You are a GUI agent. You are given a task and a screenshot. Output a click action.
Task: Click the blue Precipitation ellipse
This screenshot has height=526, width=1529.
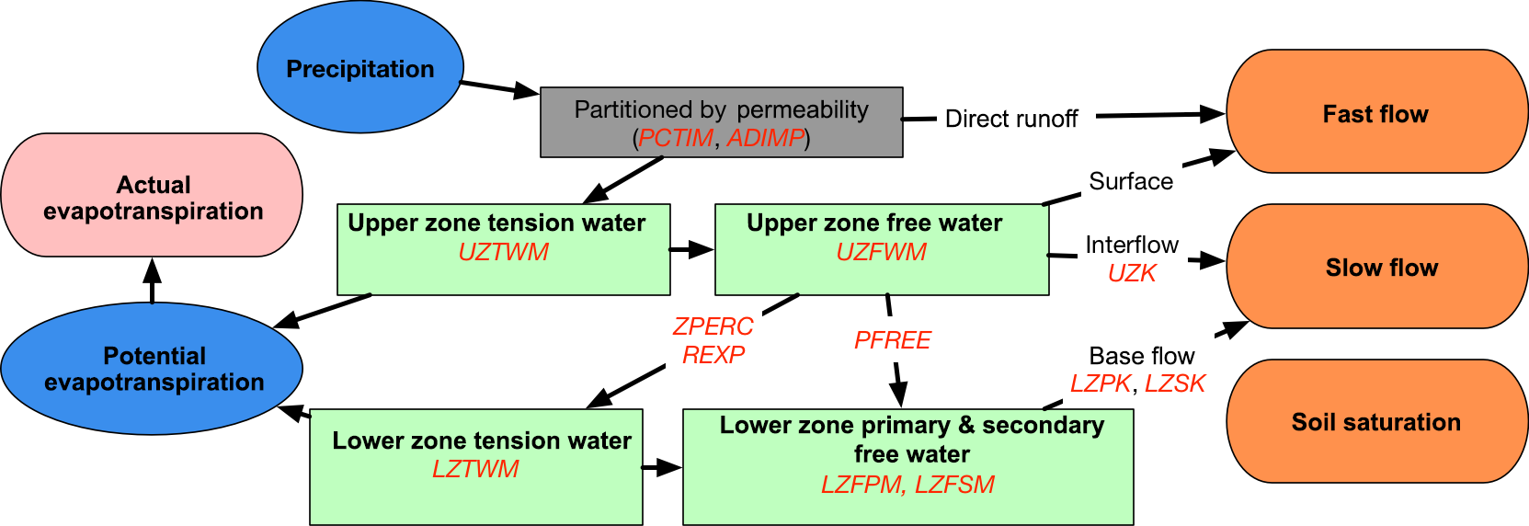click(x=359, y=68)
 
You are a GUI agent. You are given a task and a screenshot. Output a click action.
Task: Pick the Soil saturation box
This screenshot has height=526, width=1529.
click(x=1375, y=421)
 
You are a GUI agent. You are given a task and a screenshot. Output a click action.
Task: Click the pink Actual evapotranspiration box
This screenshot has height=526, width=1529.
click(x=153, y=196)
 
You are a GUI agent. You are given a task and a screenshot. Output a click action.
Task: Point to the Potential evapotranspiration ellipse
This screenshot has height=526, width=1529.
click(x=153, y=369)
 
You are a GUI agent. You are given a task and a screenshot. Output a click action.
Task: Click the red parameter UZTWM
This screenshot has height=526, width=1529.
click(x=503, y=252)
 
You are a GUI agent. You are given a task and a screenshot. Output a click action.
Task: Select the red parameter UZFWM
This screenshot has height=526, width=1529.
click(x=881, y=252)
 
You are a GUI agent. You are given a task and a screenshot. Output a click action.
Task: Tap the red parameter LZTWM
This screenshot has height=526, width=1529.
click(x=475, y=469)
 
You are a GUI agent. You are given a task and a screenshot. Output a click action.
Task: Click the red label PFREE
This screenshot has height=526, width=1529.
click(x=892, y=340)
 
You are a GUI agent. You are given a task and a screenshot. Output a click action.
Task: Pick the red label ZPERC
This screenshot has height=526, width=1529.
click(x=713, y=326)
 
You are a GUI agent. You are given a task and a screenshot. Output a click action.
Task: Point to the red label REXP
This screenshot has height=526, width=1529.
click(x=713, y=355)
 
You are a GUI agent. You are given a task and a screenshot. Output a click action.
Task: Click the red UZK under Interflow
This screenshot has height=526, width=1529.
click(x=1132, y=273)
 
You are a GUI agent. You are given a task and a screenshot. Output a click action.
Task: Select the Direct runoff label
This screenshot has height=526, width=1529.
click(x=1011, y=119)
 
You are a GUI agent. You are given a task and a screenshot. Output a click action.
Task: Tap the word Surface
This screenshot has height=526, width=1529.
click(x=1131, y=181)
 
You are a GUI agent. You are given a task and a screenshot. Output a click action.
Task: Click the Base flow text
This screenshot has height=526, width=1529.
click(x=1142, y=356)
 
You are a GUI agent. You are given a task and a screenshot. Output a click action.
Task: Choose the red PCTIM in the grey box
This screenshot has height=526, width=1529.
click(x=676, y=138)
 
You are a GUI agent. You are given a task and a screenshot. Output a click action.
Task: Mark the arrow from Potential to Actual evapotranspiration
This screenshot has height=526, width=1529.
click(x=153, y=280)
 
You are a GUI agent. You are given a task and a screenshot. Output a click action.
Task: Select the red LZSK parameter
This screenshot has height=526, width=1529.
click(x=1174, y=383)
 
